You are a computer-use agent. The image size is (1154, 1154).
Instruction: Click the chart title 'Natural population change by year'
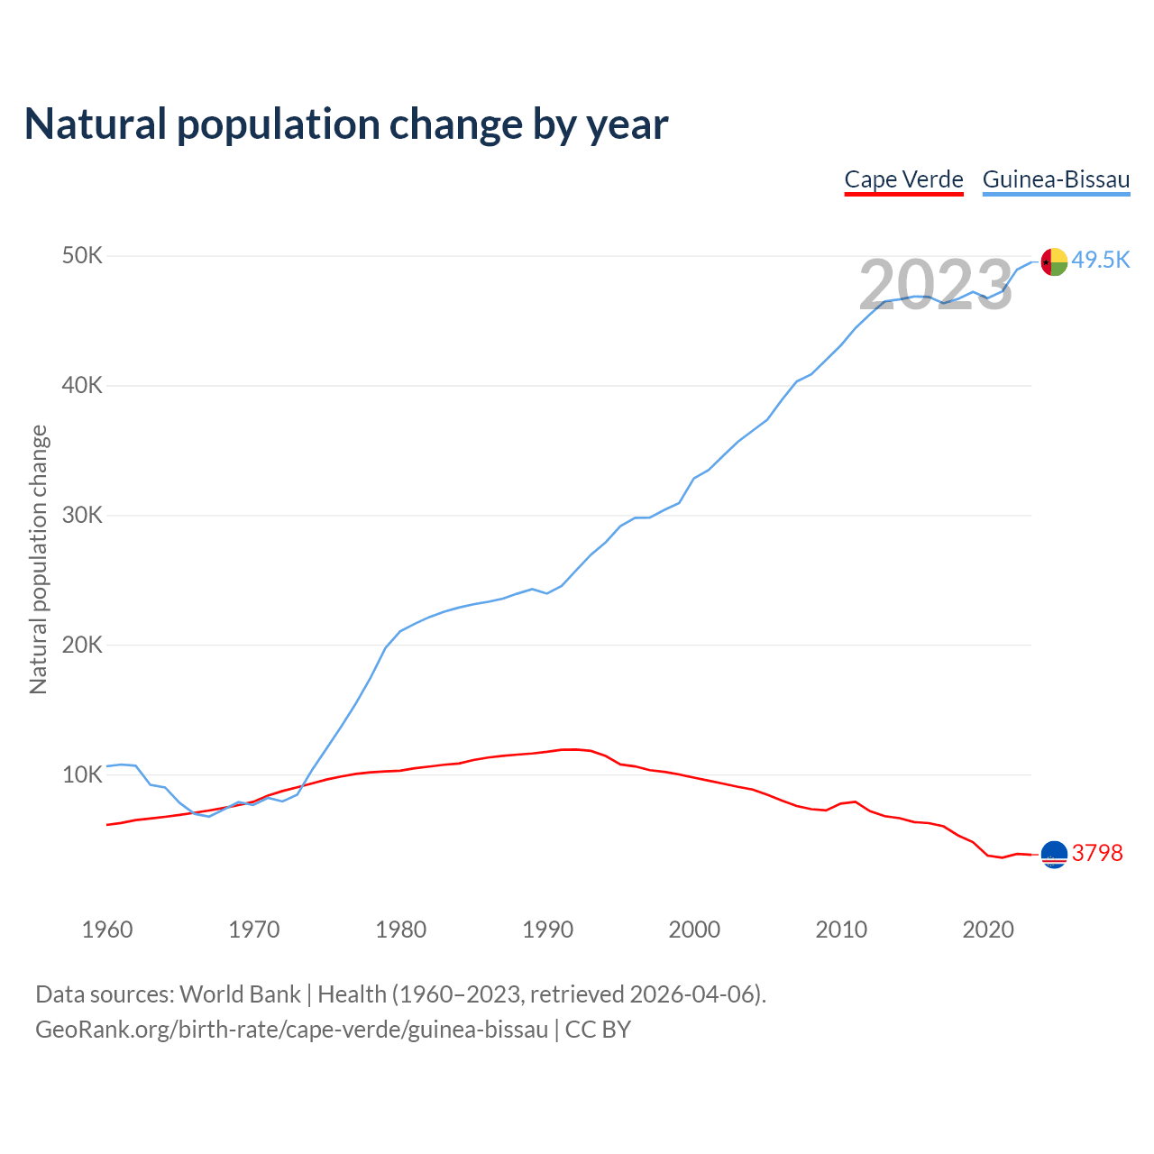point(346,124)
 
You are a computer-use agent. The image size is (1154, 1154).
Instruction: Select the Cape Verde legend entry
point(903,179)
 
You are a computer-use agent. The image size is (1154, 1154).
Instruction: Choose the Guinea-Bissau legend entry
point(1056,179)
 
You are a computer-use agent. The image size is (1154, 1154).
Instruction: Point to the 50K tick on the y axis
point(83,256)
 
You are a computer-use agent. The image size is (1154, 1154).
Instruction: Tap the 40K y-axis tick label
point(83,386)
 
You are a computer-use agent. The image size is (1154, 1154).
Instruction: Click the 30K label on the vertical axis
point(83,516)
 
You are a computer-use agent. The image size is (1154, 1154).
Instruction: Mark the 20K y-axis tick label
point(83,646)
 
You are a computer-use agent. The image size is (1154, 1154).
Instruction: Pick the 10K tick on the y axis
point(83,775)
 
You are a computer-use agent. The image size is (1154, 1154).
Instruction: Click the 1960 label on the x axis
point(107,930)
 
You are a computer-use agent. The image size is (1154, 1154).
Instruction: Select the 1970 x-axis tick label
point(254,930)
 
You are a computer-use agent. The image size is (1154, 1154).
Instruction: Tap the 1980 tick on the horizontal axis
point(401,930)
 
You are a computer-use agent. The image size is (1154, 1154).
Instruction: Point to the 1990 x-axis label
point(548,930)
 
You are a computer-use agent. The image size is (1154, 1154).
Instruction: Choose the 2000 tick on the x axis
point(694,930)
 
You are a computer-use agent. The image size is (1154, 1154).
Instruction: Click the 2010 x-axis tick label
point(841,930)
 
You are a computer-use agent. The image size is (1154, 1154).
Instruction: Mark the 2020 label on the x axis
point(988,930)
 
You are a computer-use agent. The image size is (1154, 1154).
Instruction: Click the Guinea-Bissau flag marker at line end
point(1054,261)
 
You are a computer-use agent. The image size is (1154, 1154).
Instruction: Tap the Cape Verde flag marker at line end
point(1054,854)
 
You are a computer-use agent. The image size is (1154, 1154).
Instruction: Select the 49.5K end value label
point(1101,261)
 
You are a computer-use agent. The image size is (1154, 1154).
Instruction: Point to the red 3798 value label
point(1097,853)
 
